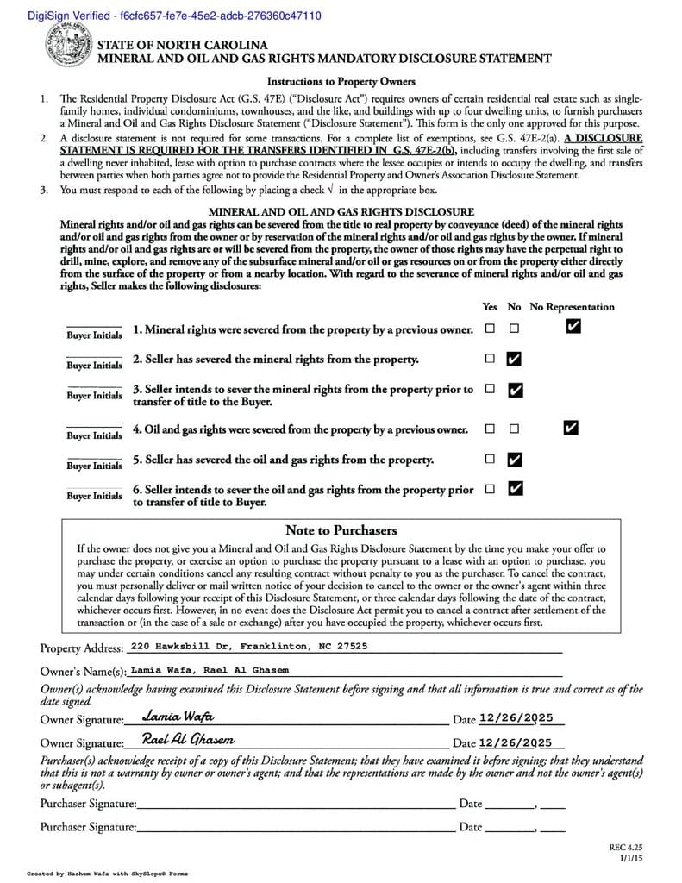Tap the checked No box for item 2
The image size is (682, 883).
coord(515,359)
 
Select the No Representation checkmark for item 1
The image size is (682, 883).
coord(573,327)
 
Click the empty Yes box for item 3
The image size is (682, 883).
coord(490,390)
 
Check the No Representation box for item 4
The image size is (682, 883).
coord(570,428)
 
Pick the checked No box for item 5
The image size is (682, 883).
coord(515,459)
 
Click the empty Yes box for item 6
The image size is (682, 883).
coord(490,489)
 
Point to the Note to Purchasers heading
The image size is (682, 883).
coord(341,530)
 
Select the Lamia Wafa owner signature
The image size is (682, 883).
coord(178,717)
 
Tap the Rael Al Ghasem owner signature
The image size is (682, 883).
coord(188,740)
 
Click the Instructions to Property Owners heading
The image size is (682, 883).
coord(341,82)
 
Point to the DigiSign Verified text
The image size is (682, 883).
coord(163,16)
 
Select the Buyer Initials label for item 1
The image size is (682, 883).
coord(95,335)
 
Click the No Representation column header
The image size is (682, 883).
coord(572,307)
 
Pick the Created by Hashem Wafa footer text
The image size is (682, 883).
coord(107,874)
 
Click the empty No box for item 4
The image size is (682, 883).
coord(515,429)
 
